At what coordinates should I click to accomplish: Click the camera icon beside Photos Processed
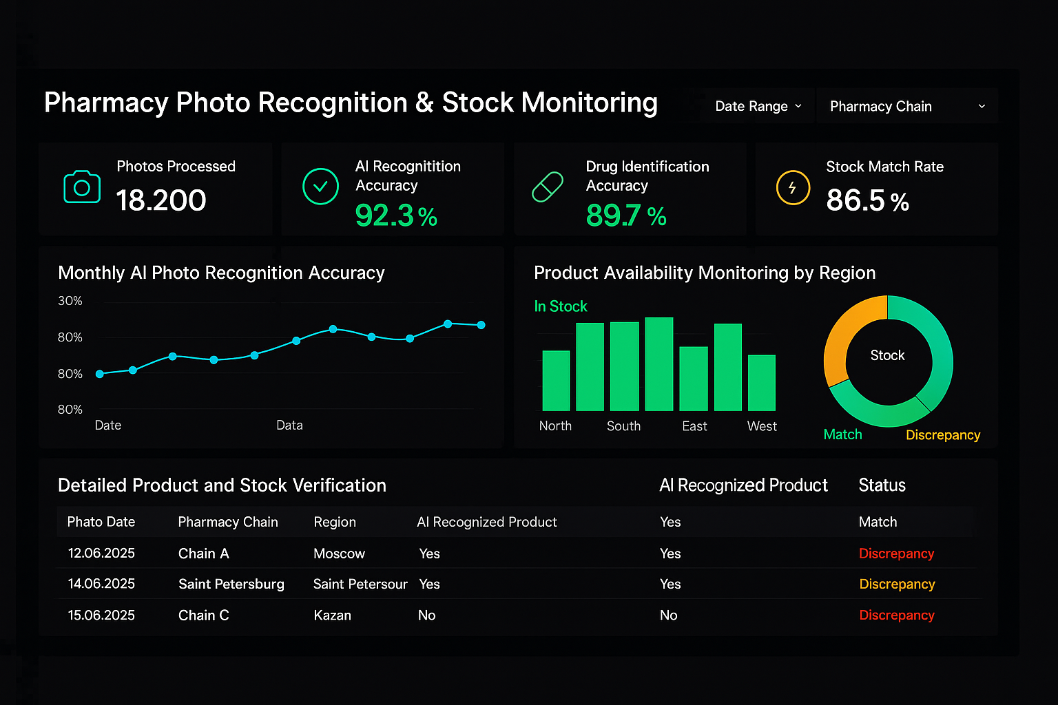pyautogui.click(x=82, y=187)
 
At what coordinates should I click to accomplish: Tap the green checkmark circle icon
pyautogui.click(x=320, y=187)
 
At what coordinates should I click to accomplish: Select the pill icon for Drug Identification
pyautogui.click(x=548, y=187)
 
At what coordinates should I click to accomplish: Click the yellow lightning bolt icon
pyautogui.click(x=793, y=187)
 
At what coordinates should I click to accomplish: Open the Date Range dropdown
pyautogui.click(x=758, y=106)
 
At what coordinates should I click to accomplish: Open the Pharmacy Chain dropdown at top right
pyautogui.click(x=906, y=106)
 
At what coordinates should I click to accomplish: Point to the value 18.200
pyautogui.click(x=161, y=200)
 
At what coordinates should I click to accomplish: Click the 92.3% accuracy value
pyautogui.click(x=396, y=215)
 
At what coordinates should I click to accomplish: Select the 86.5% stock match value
pyautogui.click(x=867, y=201)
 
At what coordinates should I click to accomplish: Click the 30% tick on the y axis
pyautogui.click(x=70, y=301)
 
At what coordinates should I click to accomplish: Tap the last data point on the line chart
pyautogui.click(x=481, y=325)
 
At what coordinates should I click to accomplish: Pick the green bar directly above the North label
pyautogui.click(x=556, y=381)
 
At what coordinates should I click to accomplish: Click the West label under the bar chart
pyautogui.click(x=762, y=426)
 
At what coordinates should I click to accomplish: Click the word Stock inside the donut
pyautogui.click(x=887, y=355)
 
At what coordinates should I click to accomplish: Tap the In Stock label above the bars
pyautogui.click(x=561, y=306)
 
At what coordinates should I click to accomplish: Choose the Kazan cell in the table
pyautogui.click(x=332, y=615)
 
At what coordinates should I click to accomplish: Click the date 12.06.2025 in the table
pyautogui.click(x=101, y=554)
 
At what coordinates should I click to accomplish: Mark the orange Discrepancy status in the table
pyautogui.click(x=897, y=585)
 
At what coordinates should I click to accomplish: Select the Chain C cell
pyautogui.click(x=203, y=615)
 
